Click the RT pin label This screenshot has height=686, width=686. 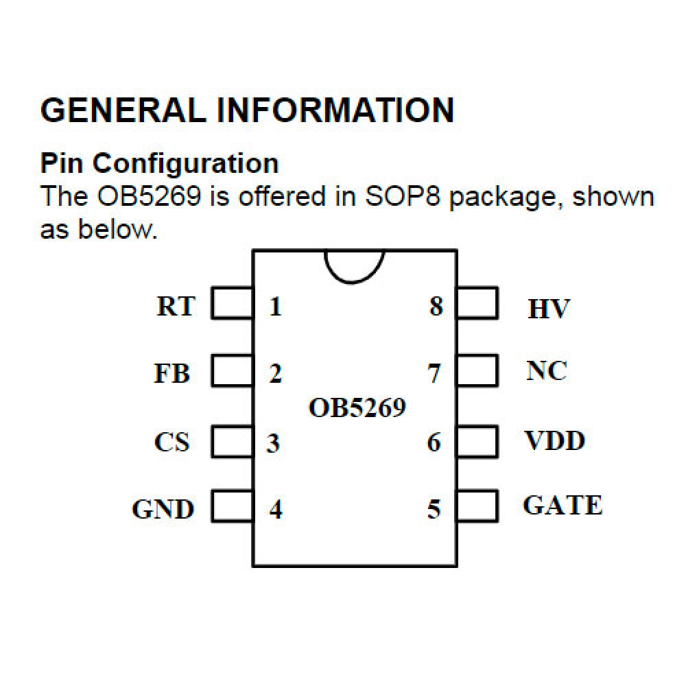176,306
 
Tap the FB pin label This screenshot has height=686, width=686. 172,374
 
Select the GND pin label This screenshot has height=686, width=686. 163,510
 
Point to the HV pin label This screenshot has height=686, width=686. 549,309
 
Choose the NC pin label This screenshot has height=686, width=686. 547,371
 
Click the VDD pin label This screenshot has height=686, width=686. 555,440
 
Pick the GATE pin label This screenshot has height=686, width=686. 563,506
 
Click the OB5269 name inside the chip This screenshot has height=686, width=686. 357,408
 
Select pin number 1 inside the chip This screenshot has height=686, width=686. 275,306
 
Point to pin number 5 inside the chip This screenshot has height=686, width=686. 434,510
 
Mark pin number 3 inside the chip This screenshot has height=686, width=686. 274,443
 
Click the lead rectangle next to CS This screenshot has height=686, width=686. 232,441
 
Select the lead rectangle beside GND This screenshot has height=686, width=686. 232,507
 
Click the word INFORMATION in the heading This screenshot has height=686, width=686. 335,110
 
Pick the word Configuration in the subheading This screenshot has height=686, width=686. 185,164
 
